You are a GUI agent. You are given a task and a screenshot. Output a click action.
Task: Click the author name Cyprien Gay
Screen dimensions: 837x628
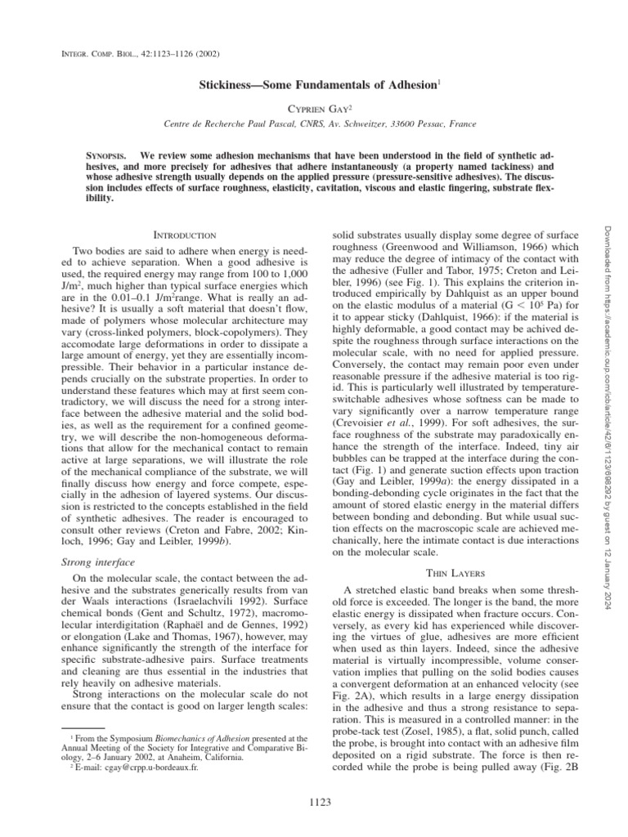(x=314, y=106)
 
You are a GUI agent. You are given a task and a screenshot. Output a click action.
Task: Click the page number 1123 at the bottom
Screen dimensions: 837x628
(x=313, y=803)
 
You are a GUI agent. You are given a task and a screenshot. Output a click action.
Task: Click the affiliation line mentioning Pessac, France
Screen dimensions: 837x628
(x=314, y=124)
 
